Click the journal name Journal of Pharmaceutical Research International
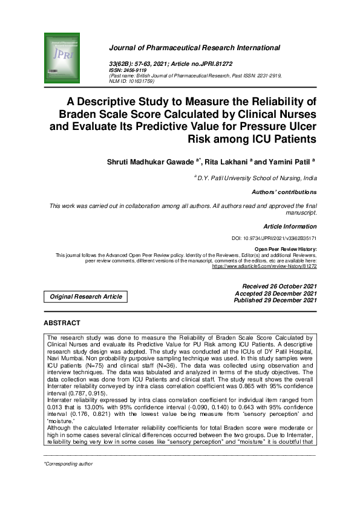pyautogui.click(x=194, y=48)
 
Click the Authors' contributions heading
pyautogui.click(x=284, y=192)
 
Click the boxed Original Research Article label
pyautogui.click(x=85, y=296)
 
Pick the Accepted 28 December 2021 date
pyautogui.click(x=279, y=293)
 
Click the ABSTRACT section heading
pyautogui.click(x=62, y=323)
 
